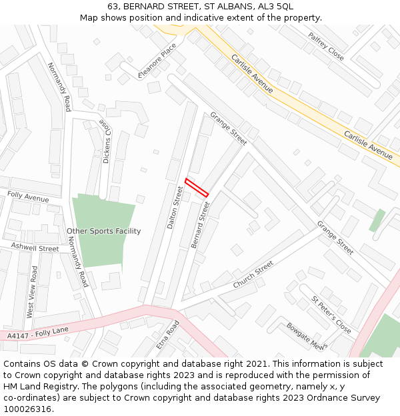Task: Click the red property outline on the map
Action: pos(197,188)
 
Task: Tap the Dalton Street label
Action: pos(175,208)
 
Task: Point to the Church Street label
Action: pos(253,274)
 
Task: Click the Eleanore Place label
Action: pos(157,61)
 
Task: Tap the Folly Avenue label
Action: pos(28,198)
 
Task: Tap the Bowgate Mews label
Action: pos(305,335)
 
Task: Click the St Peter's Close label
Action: pos(331,315)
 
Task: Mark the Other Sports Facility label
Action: pos(104,232)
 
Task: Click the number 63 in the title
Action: pos(113,6)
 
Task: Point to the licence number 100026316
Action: pos(29,409)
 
